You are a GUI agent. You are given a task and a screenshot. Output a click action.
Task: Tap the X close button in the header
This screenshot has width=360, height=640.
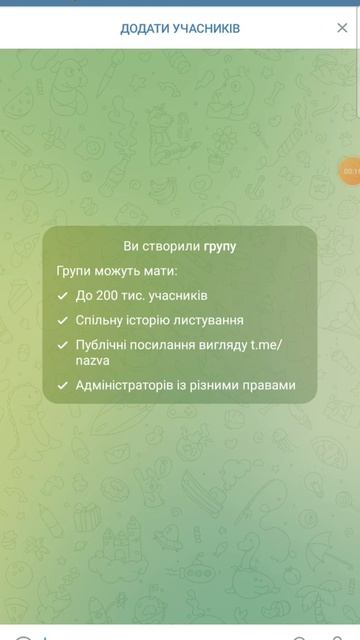click(x=342, y=28)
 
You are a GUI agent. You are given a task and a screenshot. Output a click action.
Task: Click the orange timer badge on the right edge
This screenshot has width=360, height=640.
click(x=351, y=171)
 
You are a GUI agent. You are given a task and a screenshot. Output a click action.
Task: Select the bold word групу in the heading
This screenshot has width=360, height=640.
click(x=220, y=246)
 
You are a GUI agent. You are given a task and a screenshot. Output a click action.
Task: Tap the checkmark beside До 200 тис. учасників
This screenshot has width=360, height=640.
click(x=64, y=296)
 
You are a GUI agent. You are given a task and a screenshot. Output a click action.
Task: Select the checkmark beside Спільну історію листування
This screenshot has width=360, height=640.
click(x=64, y=321)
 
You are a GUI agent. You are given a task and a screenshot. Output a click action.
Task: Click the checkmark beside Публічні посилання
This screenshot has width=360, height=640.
click(x=64, y=346)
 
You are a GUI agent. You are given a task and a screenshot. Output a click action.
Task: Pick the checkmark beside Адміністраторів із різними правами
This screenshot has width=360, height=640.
click(x=64, y=385)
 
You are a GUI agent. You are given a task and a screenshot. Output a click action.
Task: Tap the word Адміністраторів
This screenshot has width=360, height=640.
click(x=124, y=385)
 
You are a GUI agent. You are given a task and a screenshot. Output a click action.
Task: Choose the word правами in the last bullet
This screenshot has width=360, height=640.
click(x=270, y=385)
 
